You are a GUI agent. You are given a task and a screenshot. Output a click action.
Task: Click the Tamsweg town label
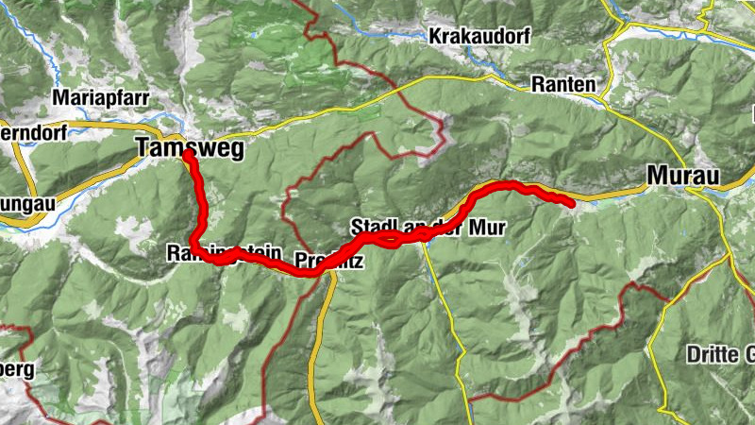[x=190, y=147]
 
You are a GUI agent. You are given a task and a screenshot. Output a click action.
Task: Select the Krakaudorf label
[x=478, y=36]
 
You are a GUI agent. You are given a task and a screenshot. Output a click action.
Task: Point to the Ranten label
[x=563, y=84]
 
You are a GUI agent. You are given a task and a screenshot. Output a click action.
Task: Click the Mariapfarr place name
[x=101, y=96]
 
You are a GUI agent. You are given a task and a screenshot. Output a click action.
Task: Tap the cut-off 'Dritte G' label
[x=720, y=355]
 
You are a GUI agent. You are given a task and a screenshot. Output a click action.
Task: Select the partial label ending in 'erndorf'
[x=33, y=133]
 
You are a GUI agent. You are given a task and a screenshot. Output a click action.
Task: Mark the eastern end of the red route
[x=572, y=202]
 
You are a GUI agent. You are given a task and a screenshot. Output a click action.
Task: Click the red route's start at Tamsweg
[x=188, y=153]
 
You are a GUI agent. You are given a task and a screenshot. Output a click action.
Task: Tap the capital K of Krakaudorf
[x=435, y=36]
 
